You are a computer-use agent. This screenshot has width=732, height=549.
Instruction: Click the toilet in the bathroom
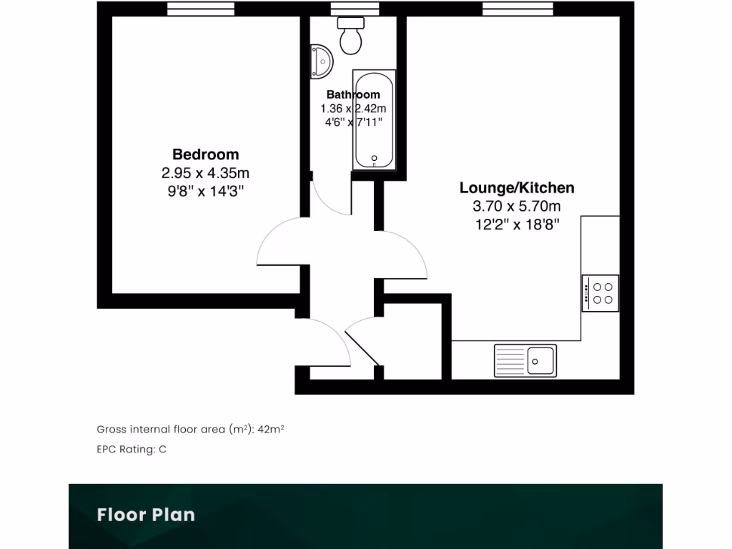tap(351, 36)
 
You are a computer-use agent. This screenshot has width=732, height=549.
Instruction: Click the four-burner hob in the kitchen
tap(600, 293)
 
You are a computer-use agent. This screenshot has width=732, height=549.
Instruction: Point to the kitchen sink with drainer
tap(525, 360)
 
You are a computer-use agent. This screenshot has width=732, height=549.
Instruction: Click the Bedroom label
tap(206, 154)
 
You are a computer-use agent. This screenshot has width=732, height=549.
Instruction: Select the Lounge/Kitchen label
tap(516, 188)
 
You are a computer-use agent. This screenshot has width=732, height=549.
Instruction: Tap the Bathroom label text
tap(353, 94)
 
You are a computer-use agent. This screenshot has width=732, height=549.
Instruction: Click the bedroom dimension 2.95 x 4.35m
tap(206, 173)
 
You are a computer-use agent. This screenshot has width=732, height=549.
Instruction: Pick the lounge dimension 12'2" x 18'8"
tap(516, 224)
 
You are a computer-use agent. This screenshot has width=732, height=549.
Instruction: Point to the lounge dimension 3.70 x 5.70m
tap(516, 207)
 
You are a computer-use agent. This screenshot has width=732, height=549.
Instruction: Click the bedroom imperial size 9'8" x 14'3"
tap(206, 191)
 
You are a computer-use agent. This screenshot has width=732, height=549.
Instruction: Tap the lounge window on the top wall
tap(518, 8)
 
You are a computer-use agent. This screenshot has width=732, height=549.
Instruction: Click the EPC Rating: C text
tap(132, 450)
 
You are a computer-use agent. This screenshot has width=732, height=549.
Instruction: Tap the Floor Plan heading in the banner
tap(146, 515)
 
